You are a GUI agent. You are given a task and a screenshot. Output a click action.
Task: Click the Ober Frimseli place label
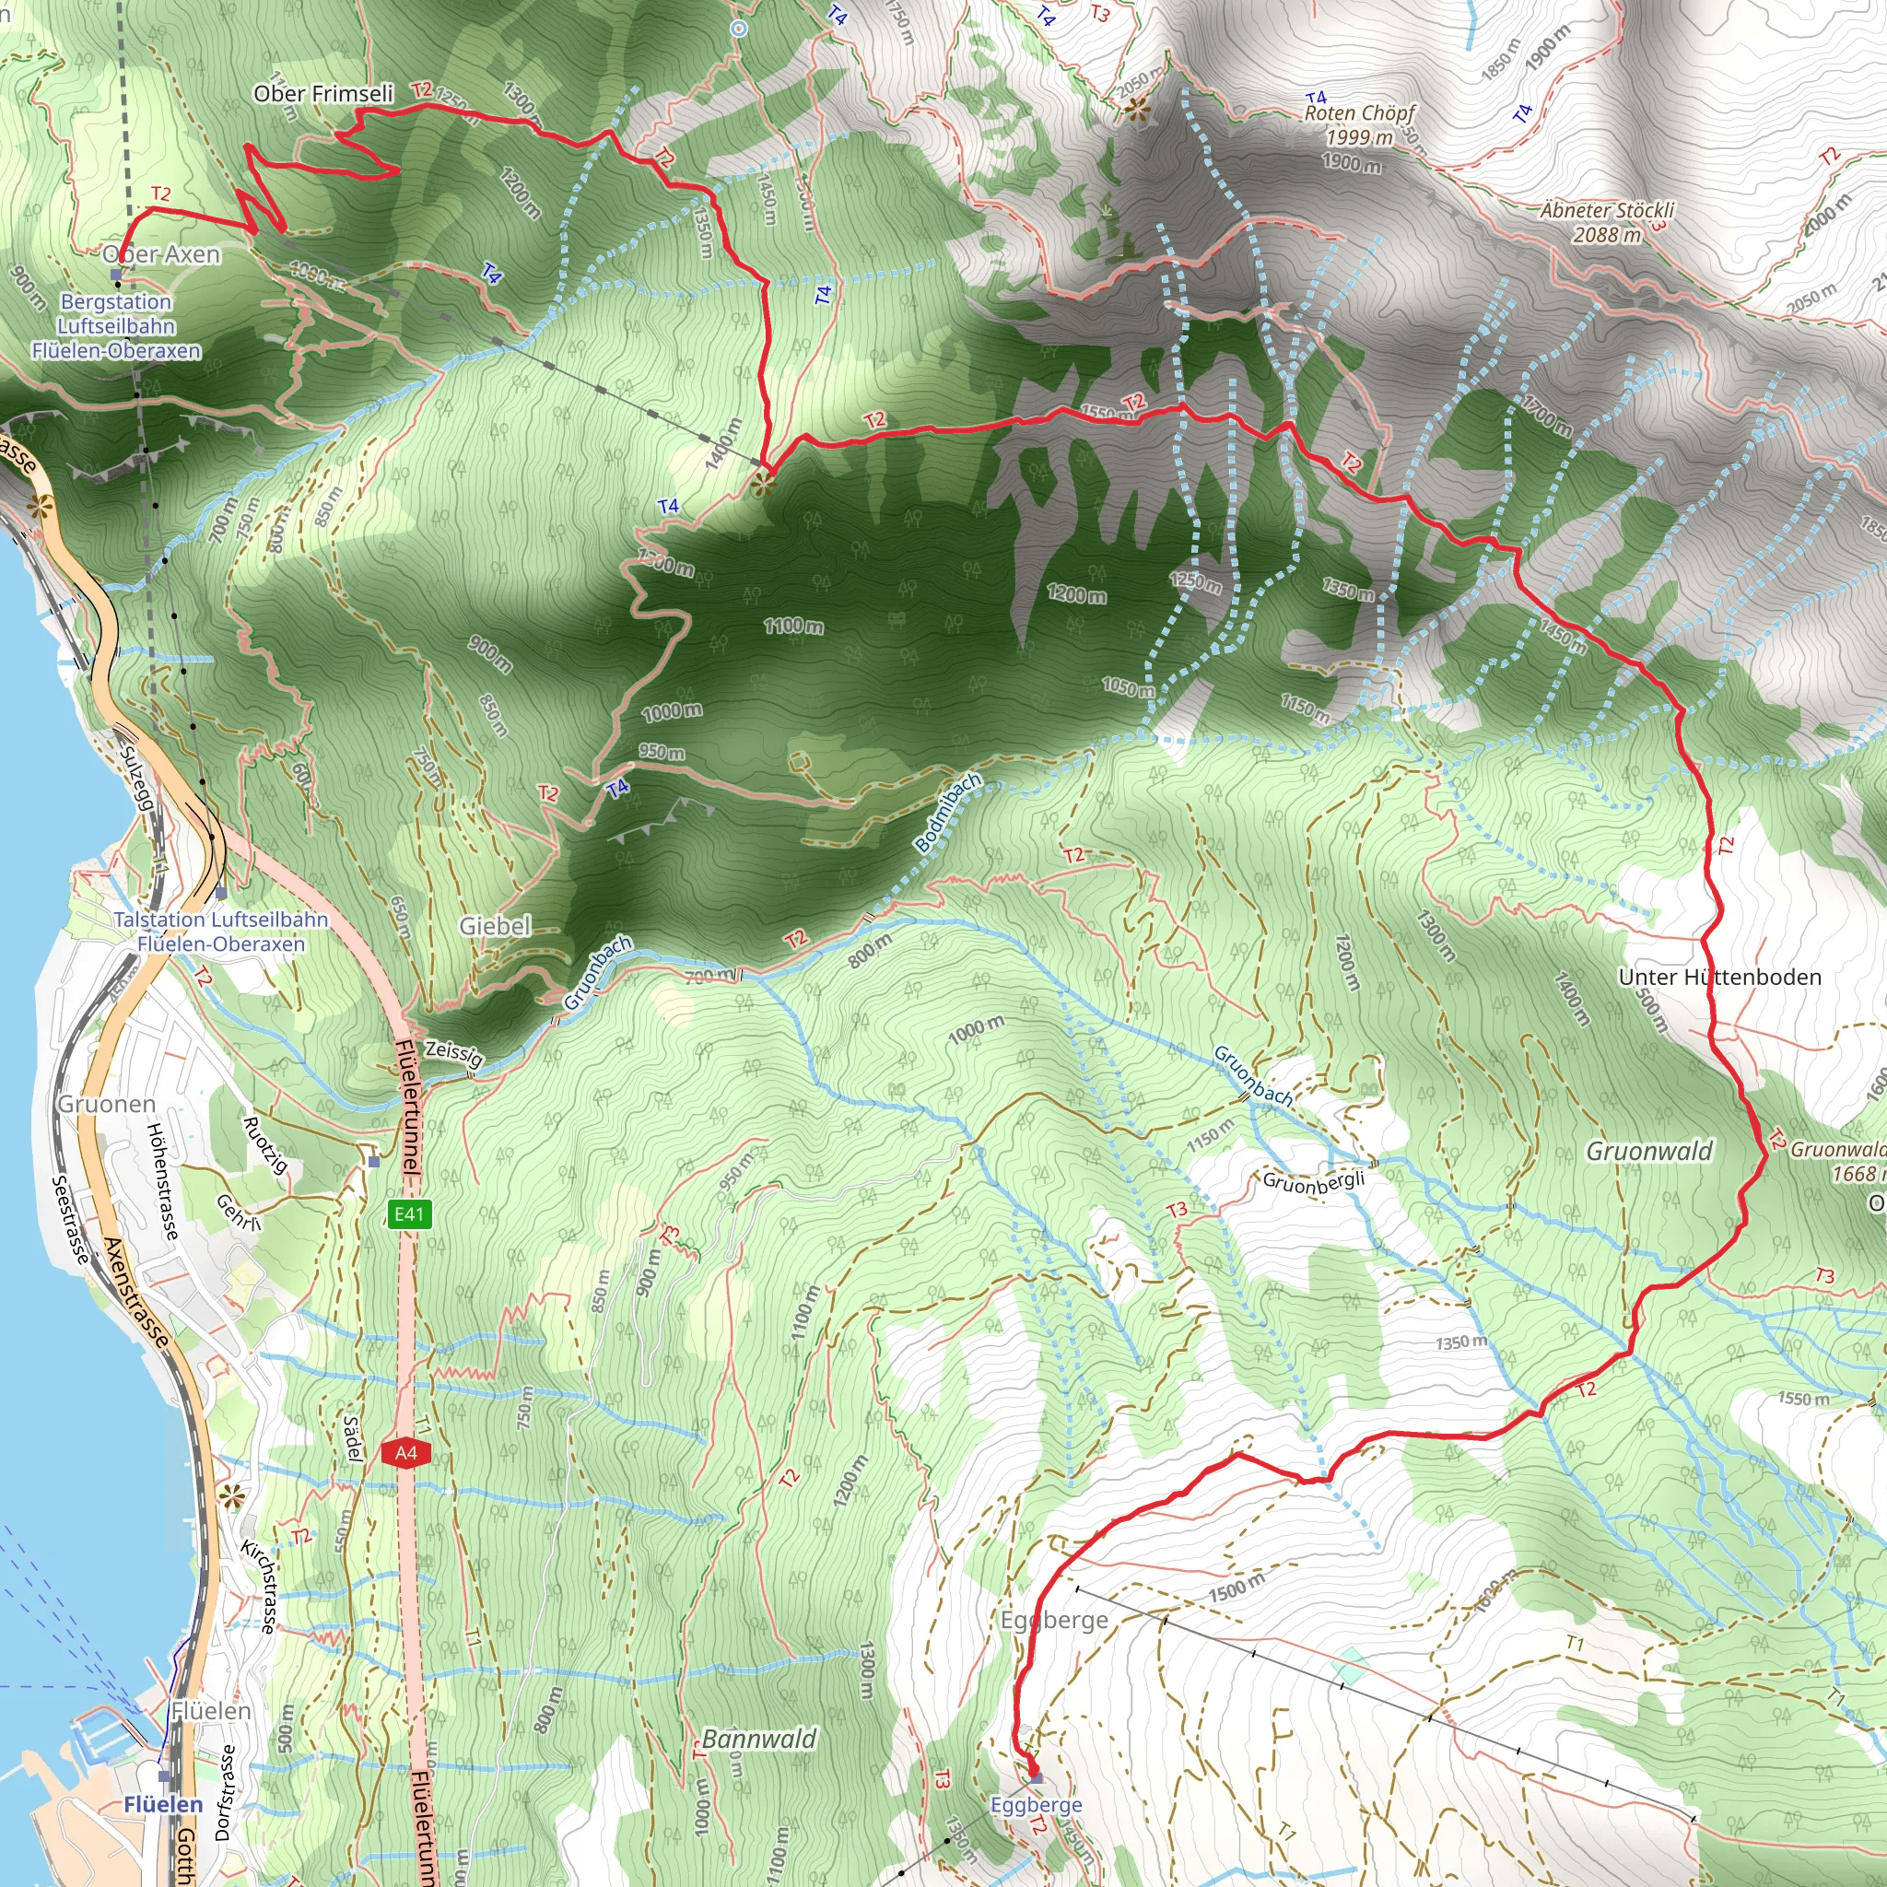(x=323, y=94)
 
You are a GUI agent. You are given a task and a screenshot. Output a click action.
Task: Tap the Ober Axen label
(x=162, y=254)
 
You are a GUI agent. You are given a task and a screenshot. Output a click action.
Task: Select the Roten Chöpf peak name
(x=1359, y=113)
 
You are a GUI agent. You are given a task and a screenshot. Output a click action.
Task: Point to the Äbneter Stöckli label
(x=1607, y=211)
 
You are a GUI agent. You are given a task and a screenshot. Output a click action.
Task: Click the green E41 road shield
(x=408, y=1214)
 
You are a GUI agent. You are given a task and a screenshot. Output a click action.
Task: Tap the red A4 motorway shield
(x=406, y=1452)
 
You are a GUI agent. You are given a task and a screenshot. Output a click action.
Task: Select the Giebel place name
(x=495, y=925)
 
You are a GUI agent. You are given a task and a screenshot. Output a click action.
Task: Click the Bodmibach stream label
(x=947, y=813)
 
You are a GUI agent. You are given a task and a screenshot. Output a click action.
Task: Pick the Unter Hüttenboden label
(x=1719, y=977)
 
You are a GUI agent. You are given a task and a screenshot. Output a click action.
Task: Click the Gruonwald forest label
(x=1648, y=1152)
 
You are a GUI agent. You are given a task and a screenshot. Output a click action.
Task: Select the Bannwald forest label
(x=759, y=1739)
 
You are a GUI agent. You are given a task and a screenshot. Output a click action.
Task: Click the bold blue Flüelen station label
(x=163, y=1805)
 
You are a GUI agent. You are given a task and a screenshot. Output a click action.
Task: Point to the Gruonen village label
(x=107, y=1104)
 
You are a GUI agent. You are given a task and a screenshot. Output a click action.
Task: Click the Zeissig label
(x=453, y=1053)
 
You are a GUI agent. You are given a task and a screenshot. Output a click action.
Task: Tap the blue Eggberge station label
(x=1036, y=1805)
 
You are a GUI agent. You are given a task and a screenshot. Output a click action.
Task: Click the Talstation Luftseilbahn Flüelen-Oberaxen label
(x=221, y=932)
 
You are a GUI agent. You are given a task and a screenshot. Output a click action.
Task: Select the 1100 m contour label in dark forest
(x=793, y=625)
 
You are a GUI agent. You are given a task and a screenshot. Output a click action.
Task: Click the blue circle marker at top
(x=738, y=29)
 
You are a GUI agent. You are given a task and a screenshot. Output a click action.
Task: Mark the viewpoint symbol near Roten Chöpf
(x=1135, y=110)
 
